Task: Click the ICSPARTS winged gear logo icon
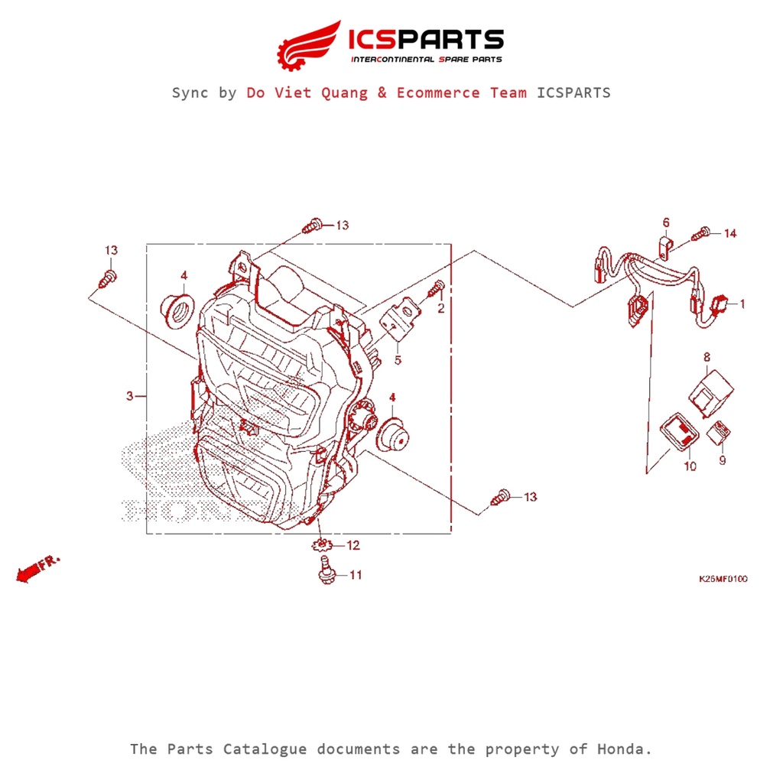(308, 45)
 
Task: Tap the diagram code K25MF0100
(723, 579)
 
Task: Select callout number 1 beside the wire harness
(741, 304)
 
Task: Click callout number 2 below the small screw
(440, 308)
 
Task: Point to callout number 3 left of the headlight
(130, 395)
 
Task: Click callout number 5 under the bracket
(398, 359)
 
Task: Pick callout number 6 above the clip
(665, 223)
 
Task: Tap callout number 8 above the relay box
(707, 356)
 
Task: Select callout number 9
(722, 460)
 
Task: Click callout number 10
(690, 466)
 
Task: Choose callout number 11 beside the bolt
(356, 574)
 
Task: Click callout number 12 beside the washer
(353, 545)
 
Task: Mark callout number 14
(729, 233)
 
